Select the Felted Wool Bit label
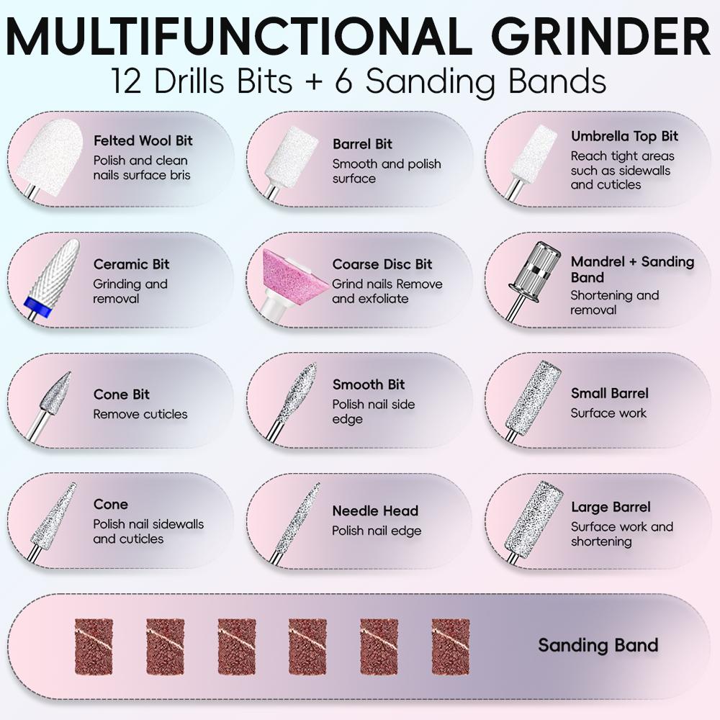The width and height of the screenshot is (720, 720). click(143, 140)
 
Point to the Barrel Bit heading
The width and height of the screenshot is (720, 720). click(362, 144)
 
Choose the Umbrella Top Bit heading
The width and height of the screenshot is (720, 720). click(624, 136)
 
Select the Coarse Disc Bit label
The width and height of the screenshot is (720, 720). click(382, 264)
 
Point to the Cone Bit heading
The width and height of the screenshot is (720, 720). click(122, 395)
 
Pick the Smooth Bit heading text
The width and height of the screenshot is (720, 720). click(368, 384)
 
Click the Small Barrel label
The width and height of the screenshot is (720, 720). click(609, 393)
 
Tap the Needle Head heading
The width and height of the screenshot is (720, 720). click(375, 510)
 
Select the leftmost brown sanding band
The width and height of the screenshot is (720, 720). click(94, 647)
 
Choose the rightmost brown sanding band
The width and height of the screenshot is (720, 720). click(451, 647)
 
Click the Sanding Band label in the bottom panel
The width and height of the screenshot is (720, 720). click(598, 645)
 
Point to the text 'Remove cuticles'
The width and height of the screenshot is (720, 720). click(140, 414)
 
